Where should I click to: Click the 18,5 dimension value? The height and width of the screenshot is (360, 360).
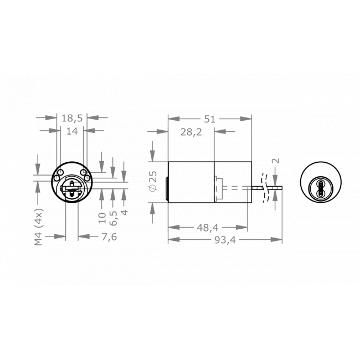(x=72, y=118)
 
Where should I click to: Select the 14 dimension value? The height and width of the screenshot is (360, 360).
(x=72, y=131)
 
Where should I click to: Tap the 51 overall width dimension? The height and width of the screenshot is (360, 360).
(x=210, y=119)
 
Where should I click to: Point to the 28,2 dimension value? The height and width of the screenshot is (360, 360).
(x=192, y=131)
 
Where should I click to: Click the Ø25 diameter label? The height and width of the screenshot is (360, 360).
(x=153, y=182)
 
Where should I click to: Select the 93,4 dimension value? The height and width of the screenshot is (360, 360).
(x=224, y=240)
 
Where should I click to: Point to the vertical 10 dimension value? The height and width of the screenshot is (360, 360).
(x=102, y=217)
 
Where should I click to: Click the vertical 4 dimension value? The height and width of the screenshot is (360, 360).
(x=124, y=212)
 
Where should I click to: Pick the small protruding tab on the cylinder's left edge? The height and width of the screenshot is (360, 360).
(x=167, y=192)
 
